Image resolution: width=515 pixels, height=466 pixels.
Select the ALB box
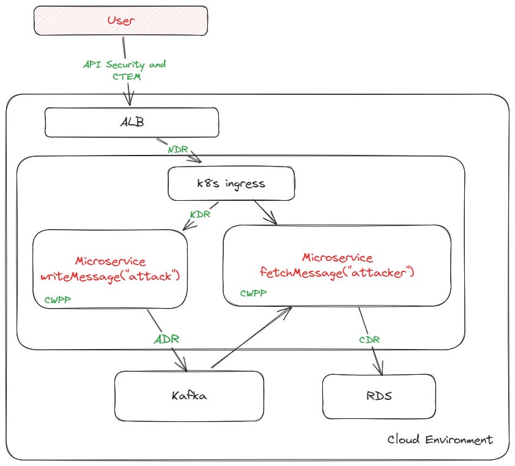tap(132, 122)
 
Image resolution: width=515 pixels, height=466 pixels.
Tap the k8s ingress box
tap(231, 183)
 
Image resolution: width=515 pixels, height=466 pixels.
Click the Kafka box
tap(189, 395)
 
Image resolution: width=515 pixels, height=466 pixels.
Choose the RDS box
tap(379, 396)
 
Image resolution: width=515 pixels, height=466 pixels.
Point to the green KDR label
tap(201, 215)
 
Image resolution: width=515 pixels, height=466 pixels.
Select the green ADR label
tap(166, 338)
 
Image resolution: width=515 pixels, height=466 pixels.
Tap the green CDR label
tap(371, 339)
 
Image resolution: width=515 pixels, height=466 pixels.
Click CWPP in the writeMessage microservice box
tap(57, 300)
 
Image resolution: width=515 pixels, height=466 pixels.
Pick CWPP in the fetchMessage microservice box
tap(253, 293)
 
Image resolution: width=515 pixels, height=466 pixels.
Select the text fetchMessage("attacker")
tap(337, 272)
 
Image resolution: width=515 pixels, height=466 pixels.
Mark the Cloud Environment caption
tap(440, 440)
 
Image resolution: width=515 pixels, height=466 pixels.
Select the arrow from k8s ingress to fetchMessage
tap(264, 212)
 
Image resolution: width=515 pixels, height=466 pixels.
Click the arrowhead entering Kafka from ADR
tap(182, 364)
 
